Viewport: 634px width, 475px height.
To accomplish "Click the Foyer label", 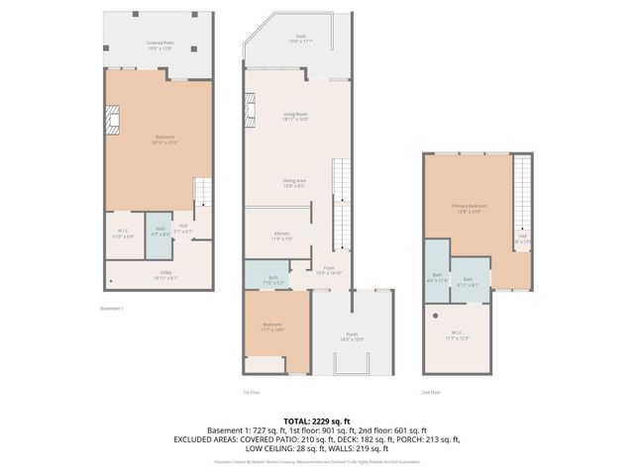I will click(330, 269).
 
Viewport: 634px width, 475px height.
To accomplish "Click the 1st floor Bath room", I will click(272, 279).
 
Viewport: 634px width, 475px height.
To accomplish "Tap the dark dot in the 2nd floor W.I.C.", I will click(436, 316).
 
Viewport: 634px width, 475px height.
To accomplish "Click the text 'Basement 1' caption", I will click(112, 308).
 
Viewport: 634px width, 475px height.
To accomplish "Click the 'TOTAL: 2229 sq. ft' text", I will click(317, 421).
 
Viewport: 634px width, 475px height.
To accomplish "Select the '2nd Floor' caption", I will click(431, 393).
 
